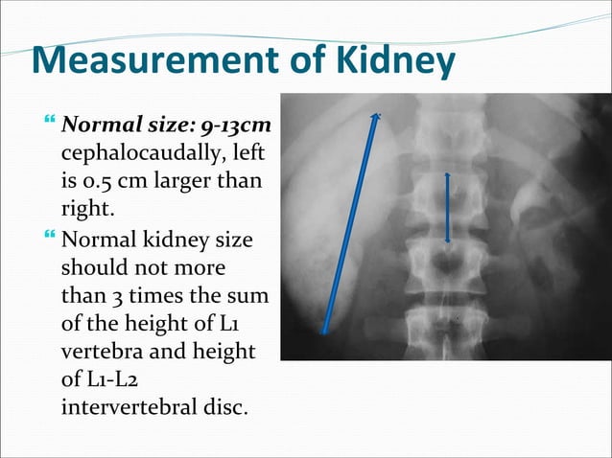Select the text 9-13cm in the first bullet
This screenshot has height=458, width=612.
point(236,126)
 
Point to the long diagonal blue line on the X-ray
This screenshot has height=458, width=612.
point(351,225)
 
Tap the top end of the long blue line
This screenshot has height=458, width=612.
point(378,118)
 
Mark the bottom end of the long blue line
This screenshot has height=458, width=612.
point(324,332)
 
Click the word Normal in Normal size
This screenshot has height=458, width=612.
point(95,126)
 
